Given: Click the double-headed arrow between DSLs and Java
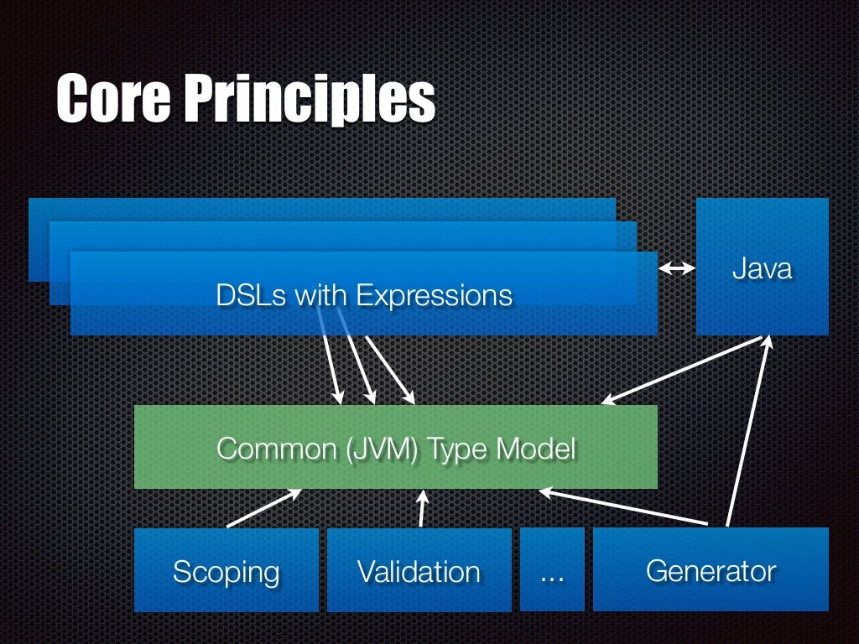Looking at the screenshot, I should pos(677,268).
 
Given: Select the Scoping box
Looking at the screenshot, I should pos(226,570).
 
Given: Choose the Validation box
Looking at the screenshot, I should pos(419,570).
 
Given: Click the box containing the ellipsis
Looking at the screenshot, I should pos(551,570).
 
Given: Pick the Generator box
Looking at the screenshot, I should pos(711,570).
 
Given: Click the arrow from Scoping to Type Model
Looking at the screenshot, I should pos(264,508).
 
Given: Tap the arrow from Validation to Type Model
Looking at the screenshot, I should pos(422,508).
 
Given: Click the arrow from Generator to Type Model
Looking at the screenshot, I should pos(624,507).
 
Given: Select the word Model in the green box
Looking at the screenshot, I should pos(535,449).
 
